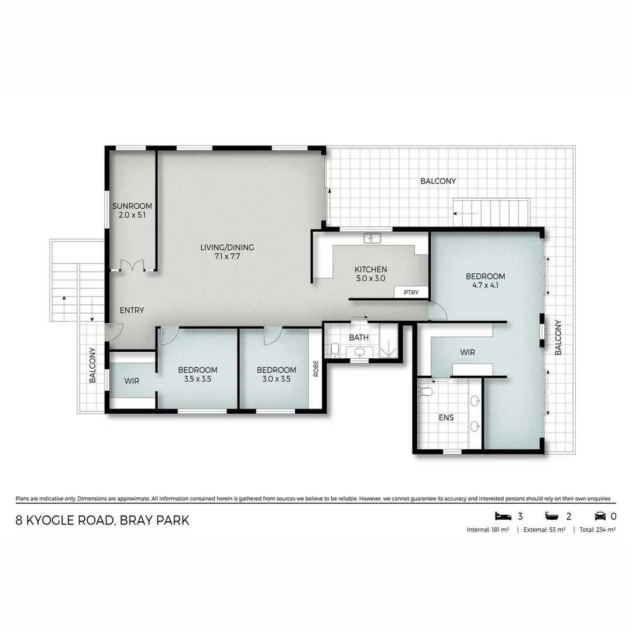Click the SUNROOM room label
[x=132, y=206]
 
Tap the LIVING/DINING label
[x=227, y=248]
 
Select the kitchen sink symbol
[x=372, y=238]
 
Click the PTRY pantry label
[x=411, y=292]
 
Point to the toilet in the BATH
[x=335, y=350]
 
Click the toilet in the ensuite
[x=425, y=392]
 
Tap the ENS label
[x=446, y=418]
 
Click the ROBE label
[x=316, y=368]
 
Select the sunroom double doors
[x=132, y=265]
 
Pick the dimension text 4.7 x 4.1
[x=485, y=287]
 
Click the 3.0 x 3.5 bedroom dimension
[x=276, y=379]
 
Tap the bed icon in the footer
[x=503, y=516]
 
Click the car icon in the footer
[x=600, y=516]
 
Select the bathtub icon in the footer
[x=552, y=516]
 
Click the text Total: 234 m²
[x=597, y=530]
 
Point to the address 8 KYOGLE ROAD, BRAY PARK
[x=102, y=520]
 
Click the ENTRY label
[x=132, y=310]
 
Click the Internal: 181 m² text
[x=487, y=530]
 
